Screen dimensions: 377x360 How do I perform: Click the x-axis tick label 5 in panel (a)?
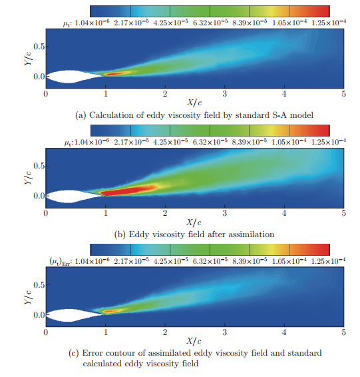[343, 95]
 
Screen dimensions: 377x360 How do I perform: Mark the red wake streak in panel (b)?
[130, 190]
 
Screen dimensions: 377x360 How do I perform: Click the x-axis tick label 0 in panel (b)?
[45, 214]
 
